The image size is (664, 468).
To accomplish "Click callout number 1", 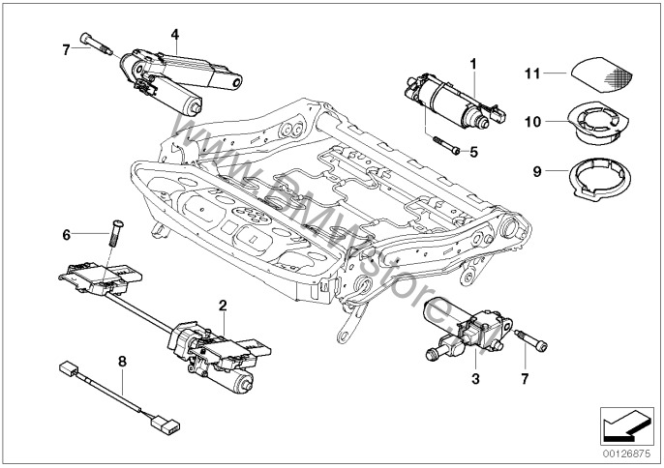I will click(474, 64).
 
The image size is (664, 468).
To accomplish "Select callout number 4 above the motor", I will click(175, 34).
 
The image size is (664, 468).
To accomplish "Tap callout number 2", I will click(223, 305).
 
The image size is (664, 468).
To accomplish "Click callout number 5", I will click(474, 151).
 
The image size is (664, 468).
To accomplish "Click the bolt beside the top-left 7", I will click(98, 44).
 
